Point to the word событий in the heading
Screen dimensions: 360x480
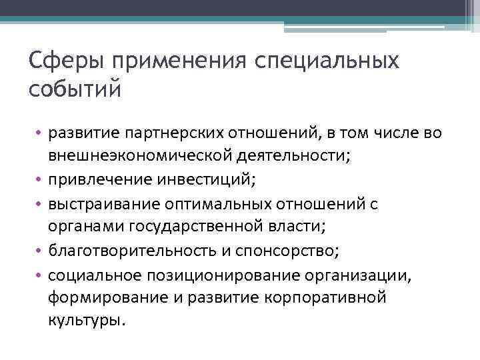click(x=75, y=88)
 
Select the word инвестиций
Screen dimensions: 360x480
click(x=212, y=179)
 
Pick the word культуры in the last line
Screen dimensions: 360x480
click(x=85, y=321)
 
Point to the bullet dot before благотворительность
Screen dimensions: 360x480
click(x=39, y=251)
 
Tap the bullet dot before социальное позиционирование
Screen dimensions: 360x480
click(x=39, y=275)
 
